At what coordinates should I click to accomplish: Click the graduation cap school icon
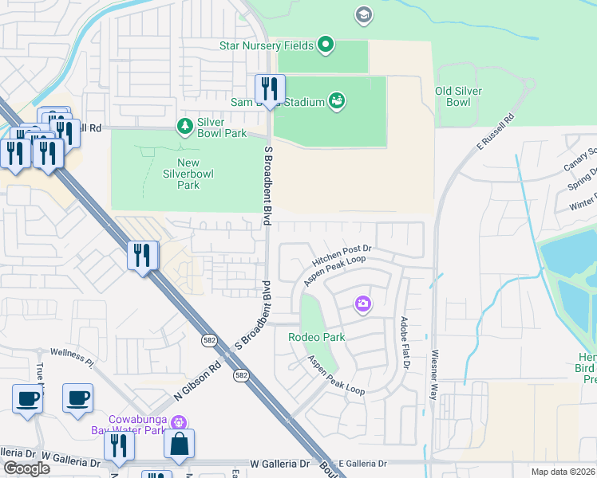[x=364, y=15]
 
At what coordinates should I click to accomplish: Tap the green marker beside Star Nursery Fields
[x=325, y=45]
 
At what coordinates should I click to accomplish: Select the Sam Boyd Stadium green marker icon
[x=338, y=101]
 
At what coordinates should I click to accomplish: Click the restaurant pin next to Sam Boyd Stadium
[x=270, y=89]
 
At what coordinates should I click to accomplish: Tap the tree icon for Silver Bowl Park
[x=184, y=127]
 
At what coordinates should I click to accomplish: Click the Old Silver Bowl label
[x=458, y=96]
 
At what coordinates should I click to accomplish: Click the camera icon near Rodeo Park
[x=363, y=304]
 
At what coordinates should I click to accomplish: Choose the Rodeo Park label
[x=317, y=337]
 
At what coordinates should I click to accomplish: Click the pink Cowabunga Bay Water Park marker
[x=180, y=421]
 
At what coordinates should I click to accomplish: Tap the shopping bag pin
[x=179, y=444]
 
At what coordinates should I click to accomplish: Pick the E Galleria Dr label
[x=362, y=463]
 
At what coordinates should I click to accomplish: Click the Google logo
[x=26, y=468]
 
